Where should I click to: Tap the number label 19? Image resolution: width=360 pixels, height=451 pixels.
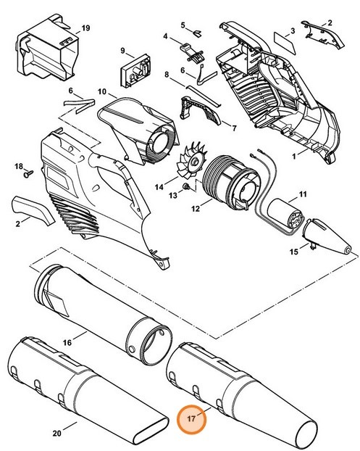coord(85,28)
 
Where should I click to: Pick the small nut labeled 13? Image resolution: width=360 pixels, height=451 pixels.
coord(185,187)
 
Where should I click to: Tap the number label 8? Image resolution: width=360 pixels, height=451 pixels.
coord(166,75)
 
